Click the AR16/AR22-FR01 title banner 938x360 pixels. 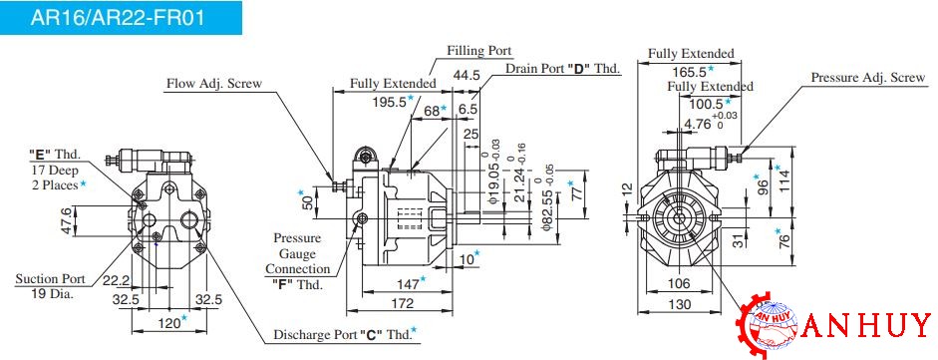pos(121,17)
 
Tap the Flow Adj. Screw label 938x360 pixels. pos(213,83)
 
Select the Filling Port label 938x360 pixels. pos(479,50)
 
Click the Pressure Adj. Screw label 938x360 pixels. pos(867,77)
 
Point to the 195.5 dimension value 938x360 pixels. pos(389,102)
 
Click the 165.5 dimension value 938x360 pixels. pos(689,71)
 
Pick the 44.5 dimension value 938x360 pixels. pos(468,76)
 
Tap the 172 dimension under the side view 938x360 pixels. pos(403,303)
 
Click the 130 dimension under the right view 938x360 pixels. pos(679,304)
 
